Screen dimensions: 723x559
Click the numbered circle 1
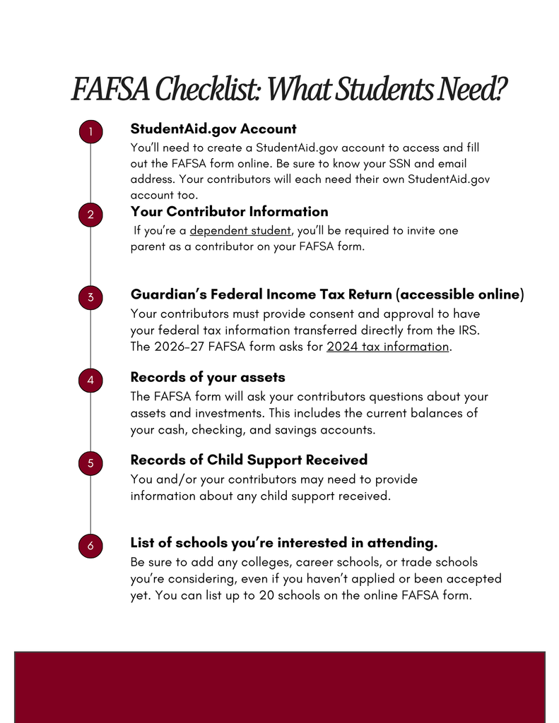pos(90,132)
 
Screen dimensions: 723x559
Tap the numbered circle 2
pos(90,215)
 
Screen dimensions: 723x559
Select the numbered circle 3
pos(90,297)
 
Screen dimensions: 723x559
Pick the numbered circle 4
pos(90,381)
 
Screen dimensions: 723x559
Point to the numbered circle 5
pos(90,463)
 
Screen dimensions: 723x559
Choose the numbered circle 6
pos(90,546)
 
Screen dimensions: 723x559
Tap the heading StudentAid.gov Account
pos(213,129)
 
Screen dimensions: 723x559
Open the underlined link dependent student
pos(240,230)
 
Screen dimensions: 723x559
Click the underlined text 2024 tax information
pos(388,347)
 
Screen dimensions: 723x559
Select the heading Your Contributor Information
pos(229,212)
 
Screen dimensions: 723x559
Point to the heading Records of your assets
pos(208,378)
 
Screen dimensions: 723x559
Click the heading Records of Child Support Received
pos(249,460)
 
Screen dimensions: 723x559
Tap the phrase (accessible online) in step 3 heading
pos(459,294)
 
